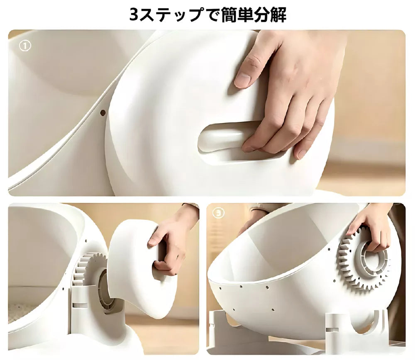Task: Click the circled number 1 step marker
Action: [25, 46]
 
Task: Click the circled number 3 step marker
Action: [219, 212]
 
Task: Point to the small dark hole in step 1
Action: [103, 113]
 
